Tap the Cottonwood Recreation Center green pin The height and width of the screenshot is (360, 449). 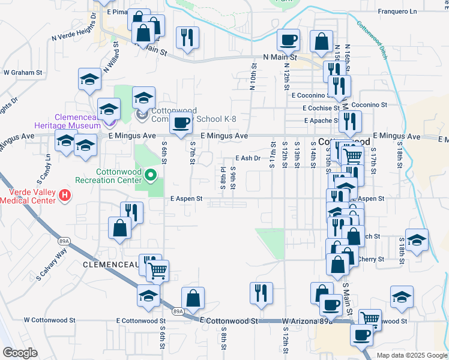point(151,176)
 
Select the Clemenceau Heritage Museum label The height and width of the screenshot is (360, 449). point(77,122)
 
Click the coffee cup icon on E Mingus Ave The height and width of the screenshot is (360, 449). point(181,123)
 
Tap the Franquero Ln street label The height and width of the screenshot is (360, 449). point(397,11)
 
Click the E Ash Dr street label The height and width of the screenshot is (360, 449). point(247,158)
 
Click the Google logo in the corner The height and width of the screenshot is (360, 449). point(20,353)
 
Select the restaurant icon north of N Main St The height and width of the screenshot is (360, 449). point(187,37)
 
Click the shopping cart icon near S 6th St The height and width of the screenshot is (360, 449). point(157,270)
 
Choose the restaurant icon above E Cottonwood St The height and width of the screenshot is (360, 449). point(261,293)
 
